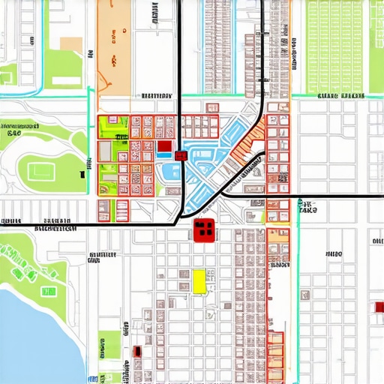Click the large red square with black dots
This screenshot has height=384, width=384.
203,230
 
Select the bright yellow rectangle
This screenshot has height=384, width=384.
199,281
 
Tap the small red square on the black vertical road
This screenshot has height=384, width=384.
180,155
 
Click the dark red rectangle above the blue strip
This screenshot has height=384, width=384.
163,147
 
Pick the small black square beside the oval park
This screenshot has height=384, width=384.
81,175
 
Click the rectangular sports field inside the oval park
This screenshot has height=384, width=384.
40,171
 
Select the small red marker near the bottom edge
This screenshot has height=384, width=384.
136,351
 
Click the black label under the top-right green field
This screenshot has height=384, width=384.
339,97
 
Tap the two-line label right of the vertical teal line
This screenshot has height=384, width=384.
307,208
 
